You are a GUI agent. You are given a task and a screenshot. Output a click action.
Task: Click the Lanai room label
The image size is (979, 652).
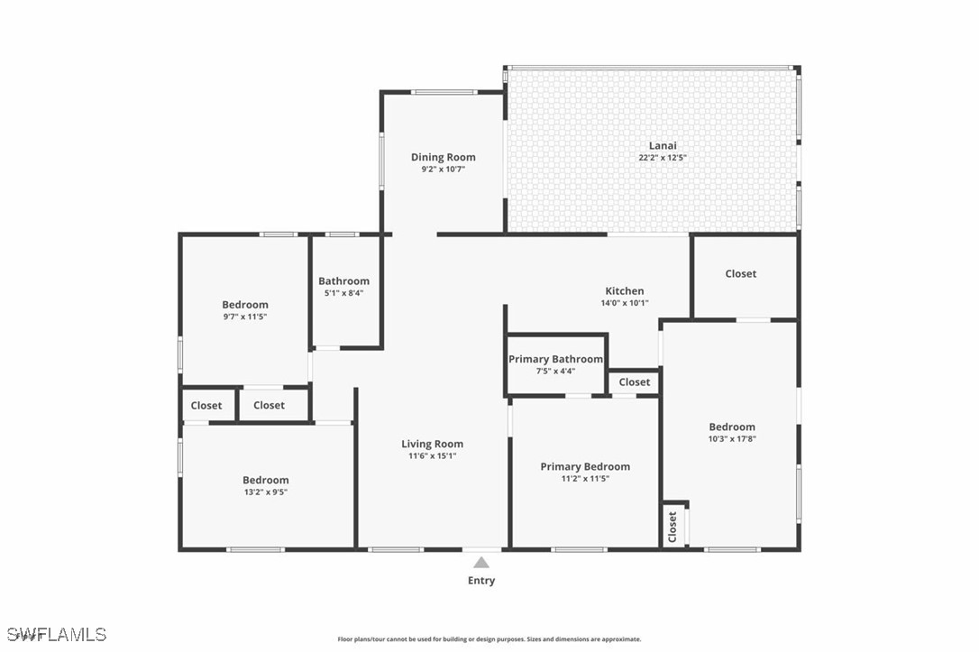click(663, 145)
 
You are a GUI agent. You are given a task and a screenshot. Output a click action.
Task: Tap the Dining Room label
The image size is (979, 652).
click(443, 157)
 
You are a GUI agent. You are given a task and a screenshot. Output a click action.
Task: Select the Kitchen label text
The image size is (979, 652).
click(625, 290)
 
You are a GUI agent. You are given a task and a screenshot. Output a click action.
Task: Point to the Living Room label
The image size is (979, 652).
click(432, 444)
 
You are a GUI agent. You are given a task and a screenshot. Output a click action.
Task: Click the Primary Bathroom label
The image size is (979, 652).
click(555, 359)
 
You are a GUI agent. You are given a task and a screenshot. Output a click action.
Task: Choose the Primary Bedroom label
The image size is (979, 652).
click(585, 466)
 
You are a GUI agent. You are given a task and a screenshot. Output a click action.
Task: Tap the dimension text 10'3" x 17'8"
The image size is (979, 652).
click(731, 439)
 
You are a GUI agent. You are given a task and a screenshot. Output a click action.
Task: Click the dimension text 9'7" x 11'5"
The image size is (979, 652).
click(245, 317)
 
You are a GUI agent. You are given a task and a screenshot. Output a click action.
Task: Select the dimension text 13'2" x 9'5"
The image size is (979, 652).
click(265, 491)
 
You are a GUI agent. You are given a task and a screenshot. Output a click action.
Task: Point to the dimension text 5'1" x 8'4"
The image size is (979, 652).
click(343, 292)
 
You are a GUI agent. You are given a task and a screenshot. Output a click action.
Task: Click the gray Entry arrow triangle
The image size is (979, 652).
click(482, 563)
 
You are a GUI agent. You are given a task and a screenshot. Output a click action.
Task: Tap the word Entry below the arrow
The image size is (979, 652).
click(481, 581)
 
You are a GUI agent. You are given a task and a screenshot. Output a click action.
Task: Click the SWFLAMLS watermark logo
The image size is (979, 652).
click(55, 634)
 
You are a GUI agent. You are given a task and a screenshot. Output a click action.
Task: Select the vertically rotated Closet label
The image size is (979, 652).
click(672, 528)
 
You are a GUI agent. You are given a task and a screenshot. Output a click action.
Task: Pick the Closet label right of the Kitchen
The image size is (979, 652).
click(741, 273)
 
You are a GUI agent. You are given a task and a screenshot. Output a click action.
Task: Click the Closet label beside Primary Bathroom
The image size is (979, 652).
click(635, 381)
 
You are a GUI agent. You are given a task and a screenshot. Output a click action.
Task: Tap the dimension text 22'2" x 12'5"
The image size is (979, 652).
click(663, 157)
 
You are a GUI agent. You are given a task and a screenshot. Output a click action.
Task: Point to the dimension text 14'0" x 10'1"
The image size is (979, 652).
click(625, 303)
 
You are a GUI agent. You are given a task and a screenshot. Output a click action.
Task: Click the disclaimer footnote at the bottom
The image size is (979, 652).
click(489, 639)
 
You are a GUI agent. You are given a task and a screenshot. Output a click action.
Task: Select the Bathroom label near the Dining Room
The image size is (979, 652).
click(343, 280)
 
